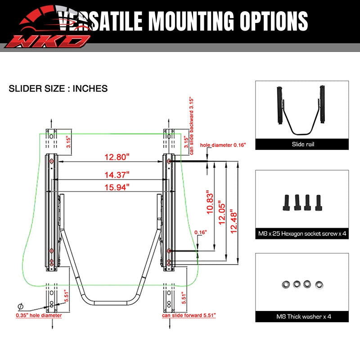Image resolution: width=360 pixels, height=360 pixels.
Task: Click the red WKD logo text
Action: (x=48, y=41)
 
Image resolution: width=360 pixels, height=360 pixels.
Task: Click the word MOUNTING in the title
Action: (x=191, y=21)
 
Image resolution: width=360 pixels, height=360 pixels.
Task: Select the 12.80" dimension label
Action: (x=117, y=157)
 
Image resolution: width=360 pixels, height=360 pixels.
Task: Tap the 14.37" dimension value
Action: (x=117, y=175)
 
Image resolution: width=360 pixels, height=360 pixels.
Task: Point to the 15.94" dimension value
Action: (x=117, y=187)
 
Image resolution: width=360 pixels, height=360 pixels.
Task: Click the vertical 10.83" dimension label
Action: (x=210, y=202)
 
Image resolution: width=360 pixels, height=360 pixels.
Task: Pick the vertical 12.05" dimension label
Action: (x=222, y=212)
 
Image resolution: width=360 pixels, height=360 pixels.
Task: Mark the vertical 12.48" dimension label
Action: (x=233, y=221)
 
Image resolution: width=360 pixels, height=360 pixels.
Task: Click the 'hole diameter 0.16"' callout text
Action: (x=223, y=145)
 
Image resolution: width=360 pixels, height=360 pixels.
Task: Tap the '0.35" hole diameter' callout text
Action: (x=39, y=315)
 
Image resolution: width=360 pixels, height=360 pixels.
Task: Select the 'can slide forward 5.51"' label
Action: (x=189, y=315)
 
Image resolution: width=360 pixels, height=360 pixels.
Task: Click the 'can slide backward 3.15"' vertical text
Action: (x=192, y=126)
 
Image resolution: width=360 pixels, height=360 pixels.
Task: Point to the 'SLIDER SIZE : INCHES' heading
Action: (x=58, y=89)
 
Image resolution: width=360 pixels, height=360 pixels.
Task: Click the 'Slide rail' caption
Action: (x=303, y=144)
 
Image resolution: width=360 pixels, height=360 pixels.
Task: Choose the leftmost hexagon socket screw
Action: (x=286, y=203)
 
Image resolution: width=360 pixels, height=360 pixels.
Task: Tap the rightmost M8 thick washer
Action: (x=319, y=285)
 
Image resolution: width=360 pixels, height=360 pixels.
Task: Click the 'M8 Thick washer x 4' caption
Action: (x=303, y=317)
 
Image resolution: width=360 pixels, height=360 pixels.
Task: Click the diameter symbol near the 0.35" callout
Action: (x=20, y=306)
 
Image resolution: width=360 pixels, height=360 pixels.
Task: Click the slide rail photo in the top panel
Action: (x=301, y=111)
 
